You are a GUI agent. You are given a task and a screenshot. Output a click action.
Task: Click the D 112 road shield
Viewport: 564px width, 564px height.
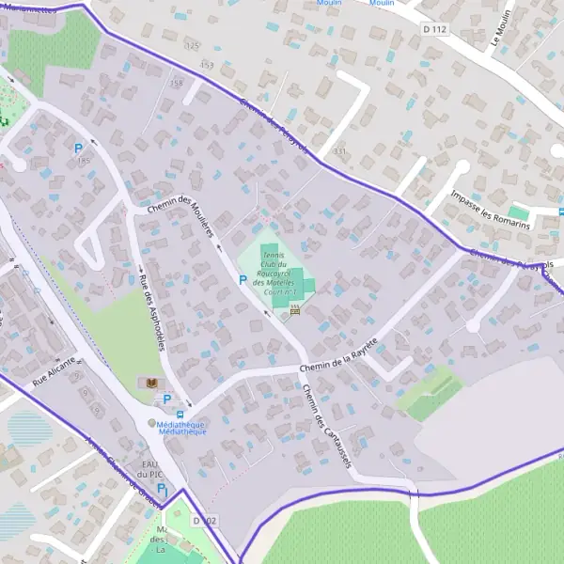pyautogui.click(x=435, y=30)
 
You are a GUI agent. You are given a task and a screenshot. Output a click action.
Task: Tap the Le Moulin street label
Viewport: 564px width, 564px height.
pyautogui.click(x=499, y=28)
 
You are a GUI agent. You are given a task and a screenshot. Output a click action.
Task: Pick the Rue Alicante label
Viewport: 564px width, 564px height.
pyautogui.click(x=54, y=372)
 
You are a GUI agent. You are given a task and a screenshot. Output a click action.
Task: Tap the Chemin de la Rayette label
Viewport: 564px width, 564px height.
pyautogui.click(x=337, y=356)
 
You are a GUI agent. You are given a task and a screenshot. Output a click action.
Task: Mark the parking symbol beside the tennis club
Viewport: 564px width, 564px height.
pyautogui.click(x=242, y=279)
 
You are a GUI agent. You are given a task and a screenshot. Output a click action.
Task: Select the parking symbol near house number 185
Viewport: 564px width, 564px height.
pyautogui.click(x=78, y=148)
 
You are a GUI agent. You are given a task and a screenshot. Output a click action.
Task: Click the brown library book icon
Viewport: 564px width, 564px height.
pyautogui.click(x=148, y=383)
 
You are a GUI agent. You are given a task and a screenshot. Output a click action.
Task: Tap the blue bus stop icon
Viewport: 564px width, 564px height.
pyautogui.click(x=180, y=414)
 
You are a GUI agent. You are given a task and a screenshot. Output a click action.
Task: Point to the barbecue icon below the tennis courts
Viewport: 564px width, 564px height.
pyautogui.click(x=295, y=309)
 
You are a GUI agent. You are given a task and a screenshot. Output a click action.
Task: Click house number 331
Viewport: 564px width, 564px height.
pyautogui.click(x=339, y=151)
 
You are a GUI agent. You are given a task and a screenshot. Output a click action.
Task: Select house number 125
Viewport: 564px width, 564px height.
pyautogui.click(x=193, y=45)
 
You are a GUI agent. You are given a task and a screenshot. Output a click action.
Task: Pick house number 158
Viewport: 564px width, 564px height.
pyautogui.click(x=175, y=84)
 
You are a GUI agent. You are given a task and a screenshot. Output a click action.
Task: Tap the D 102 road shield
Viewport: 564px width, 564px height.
pyautogui.click(x=204, y=520)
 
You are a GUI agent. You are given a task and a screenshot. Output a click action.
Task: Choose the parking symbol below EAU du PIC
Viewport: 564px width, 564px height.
pyautogui.click(x=161, y=490)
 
